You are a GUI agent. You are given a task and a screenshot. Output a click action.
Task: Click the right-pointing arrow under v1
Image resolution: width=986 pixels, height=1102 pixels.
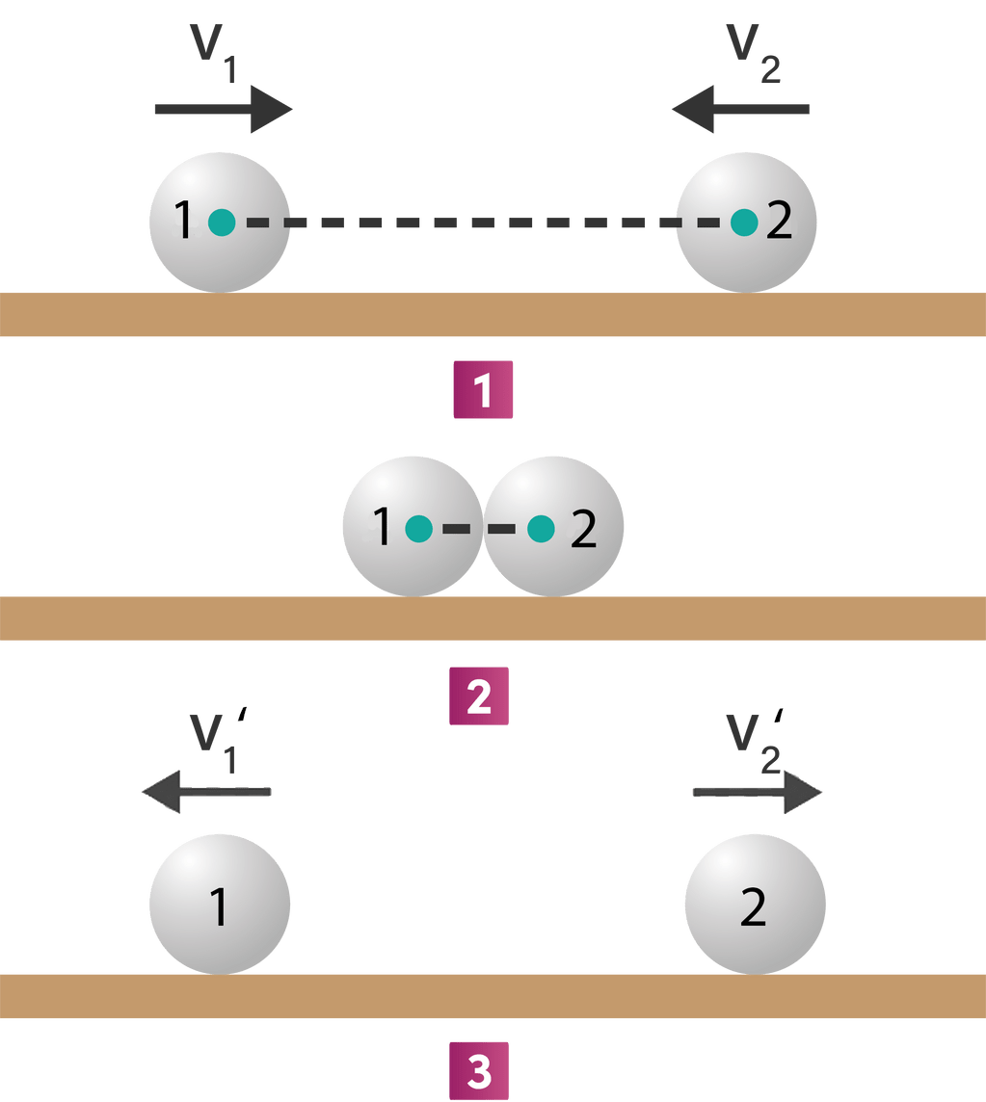click(223, 109)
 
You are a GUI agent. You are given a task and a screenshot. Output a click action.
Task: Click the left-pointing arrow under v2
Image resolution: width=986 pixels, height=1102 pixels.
click(740, 109)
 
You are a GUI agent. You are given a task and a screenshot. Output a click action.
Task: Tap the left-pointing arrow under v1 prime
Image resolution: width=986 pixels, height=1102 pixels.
click(206, 792)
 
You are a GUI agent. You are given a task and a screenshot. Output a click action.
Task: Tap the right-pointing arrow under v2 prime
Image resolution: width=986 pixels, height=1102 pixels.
click(758, 792)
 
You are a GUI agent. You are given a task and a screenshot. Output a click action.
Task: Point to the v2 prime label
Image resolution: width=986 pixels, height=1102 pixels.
click(758, 742)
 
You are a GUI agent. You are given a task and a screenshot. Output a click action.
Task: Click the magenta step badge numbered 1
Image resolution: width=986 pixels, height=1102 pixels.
click(483, 389)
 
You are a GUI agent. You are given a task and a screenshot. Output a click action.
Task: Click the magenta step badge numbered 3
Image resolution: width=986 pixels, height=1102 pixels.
click(478, 1069)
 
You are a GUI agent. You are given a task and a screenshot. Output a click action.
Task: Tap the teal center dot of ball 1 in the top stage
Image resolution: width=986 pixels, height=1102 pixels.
click(222, 223)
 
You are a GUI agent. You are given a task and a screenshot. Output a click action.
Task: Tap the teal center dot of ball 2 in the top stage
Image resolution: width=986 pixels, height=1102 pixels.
click(743, 223)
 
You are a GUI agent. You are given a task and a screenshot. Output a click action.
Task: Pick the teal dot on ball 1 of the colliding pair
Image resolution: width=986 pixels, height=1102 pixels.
click(418, 529)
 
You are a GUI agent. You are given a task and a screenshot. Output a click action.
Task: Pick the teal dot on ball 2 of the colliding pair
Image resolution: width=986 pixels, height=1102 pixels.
click(541, 529)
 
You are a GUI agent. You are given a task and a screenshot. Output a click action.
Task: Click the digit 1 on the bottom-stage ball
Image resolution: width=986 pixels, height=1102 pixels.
click(219, 907)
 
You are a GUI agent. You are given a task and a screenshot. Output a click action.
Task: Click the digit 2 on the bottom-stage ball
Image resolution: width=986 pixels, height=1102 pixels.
click(753, 907)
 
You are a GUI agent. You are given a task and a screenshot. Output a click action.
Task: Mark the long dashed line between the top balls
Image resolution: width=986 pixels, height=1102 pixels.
click(482, 223)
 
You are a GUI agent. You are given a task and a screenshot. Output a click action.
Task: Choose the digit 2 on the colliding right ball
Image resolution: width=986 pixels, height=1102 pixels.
click(583, 529)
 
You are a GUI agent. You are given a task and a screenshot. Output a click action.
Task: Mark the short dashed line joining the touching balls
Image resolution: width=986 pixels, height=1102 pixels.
click(479, 529)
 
